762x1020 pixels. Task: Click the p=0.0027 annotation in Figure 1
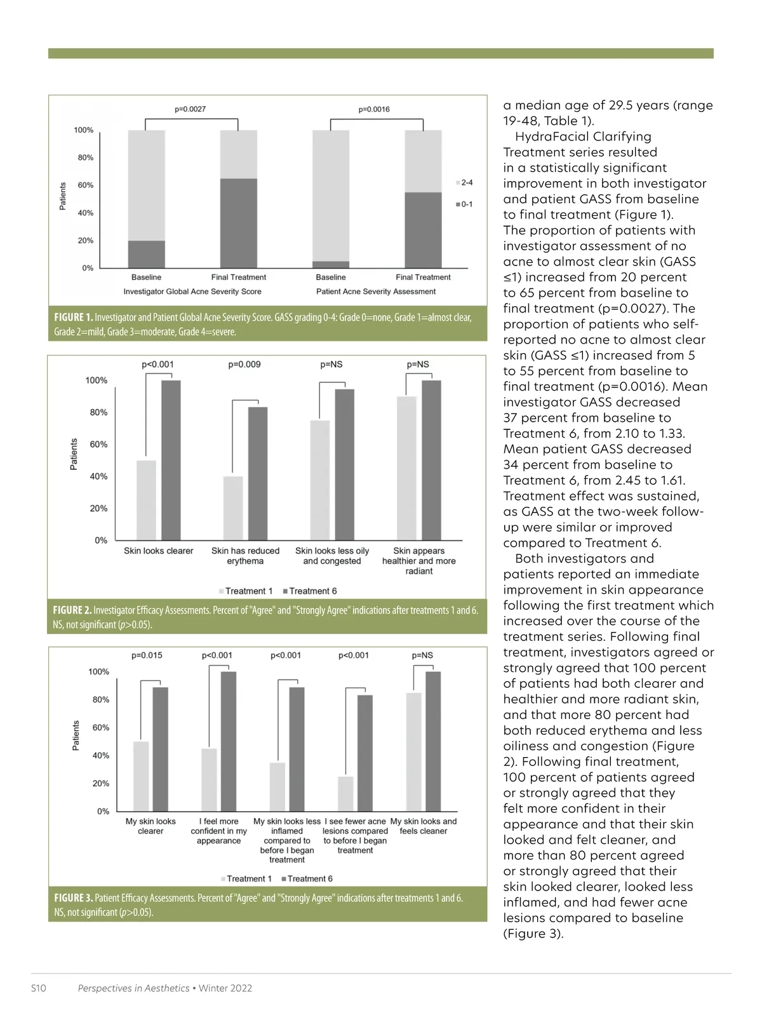coord(190,109)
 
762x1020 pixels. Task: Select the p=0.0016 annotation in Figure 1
coord(374,109)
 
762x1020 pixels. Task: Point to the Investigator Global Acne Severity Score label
coord(192,292)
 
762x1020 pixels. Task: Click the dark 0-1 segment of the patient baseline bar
coord(331,265)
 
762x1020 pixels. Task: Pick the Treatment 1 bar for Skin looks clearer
coord(146,500)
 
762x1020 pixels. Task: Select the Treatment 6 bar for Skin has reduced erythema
coord(258,473)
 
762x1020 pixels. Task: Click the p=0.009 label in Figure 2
coord(244,365)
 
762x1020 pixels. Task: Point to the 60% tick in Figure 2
coord(98,445)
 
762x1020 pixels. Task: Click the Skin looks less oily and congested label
coord(332,556)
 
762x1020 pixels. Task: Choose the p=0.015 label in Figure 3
coord(147,655)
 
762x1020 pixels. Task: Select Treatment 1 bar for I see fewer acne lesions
coord(345,793)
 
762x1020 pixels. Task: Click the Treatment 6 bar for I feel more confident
coord(229,741)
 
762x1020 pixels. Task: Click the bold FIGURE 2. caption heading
coord(72,610)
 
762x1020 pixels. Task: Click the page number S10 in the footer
coord(39,988)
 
